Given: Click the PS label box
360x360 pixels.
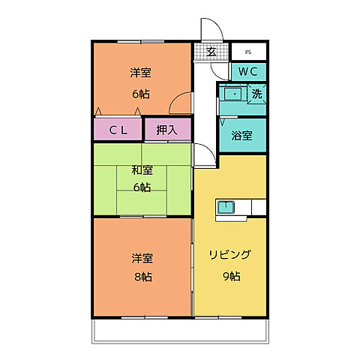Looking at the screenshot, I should tap(247, 52).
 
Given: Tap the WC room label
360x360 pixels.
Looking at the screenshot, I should tap(249, 72).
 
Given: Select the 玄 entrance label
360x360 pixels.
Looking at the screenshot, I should tap(211, 52).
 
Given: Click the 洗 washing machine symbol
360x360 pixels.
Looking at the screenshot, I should tap(256, 94).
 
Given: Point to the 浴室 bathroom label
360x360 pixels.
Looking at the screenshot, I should tap(241, 136).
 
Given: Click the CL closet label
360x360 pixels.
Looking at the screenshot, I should tap(118, 130).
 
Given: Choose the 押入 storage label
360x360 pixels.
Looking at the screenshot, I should tap(167, 130).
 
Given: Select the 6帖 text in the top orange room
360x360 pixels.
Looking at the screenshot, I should tap(140, 94).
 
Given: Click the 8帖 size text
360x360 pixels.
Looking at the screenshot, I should tap(142, 277).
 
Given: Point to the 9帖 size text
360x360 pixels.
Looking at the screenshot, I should tap(230, 277).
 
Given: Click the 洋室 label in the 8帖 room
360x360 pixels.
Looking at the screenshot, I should tap(142, 258).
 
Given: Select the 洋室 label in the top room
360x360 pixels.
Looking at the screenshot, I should tap(140, 73).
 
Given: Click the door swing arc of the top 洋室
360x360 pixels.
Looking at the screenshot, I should tap(179, 103).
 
